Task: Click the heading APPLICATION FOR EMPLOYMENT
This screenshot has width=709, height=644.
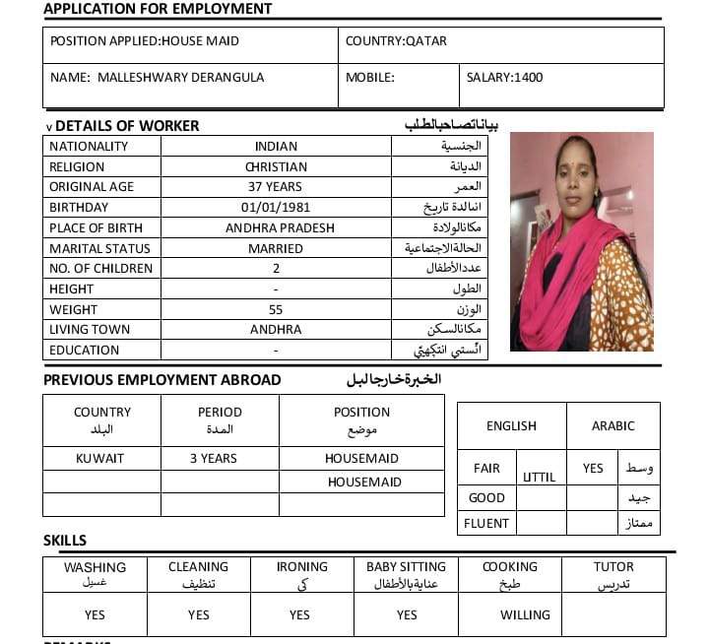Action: click(x=158, y=9)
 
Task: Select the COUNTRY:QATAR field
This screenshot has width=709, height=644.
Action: click(x=396, y=41)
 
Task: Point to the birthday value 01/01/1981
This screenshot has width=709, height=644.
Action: click(x=276, y=208)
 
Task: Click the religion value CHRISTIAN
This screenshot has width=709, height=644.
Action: click(x=276, y=167)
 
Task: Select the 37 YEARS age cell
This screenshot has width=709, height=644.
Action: click(x=276, y=187)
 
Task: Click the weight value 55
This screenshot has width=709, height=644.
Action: click(x=276, y=310)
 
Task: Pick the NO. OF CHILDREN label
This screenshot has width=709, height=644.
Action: click(x=101, y=269)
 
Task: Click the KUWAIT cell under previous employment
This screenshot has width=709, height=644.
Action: click(x=100, y=459)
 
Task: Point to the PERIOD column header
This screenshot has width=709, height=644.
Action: click(x=220, y=413)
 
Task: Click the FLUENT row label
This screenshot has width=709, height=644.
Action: click(x=486, y=524)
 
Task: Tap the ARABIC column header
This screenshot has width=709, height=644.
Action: click(x=612, y=426)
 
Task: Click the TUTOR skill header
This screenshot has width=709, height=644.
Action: click(x=613, y=567)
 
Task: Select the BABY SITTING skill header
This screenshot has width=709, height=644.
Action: click(x=406, y=567)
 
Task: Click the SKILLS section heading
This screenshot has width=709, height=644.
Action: click(x=65, y=541)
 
